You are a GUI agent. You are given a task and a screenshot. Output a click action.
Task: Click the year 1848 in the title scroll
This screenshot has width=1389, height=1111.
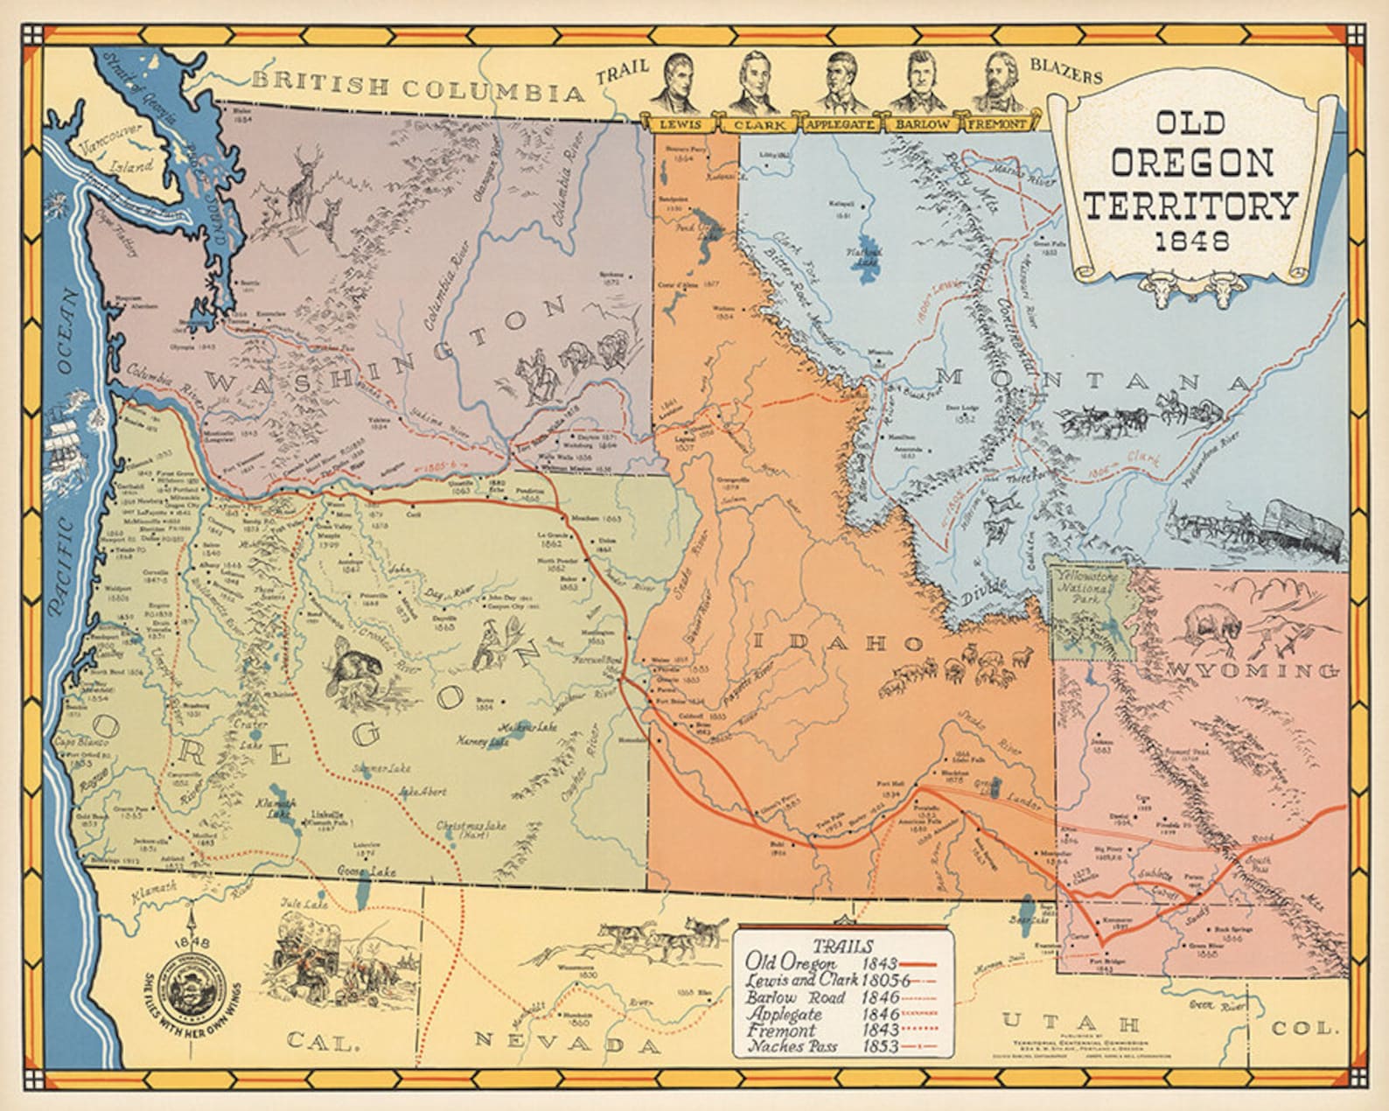coord(1188,240)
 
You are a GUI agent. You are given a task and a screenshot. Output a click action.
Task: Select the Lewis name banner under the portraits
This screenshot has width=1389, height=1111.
coord(680,124)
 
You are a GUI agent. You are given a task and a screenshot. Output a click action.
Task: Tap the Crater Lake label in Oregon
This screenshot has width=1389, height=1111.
coord(251,746)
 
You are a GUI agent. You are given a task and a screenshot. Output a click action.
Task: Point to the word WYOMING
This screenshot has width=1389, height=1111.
coord(1253,671)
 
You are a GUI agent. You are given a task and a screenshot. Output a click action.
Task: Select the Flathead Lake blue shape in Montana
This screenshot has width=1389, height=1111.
coord(870,254)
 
